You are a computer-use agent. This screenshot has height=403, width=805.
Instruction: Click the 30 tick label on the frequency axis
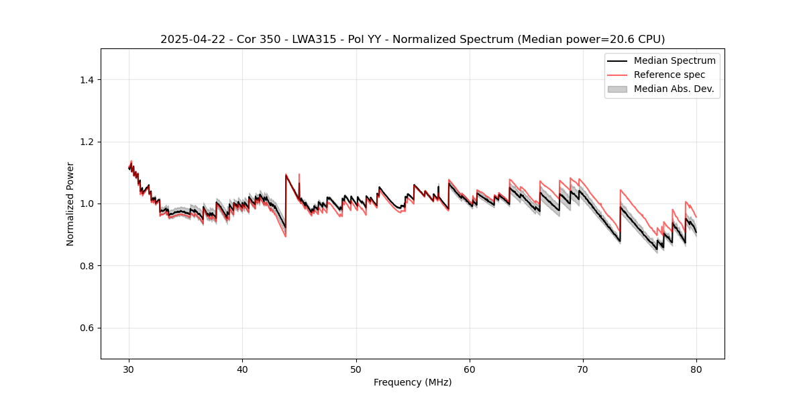click(x=129, y=369)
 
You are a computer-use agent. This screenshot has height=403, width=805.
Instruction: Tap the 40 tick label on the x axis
click(x=242, y=369)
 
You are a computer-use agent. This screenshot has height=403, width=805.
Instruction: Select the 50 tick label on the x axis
click(x=356, y=369)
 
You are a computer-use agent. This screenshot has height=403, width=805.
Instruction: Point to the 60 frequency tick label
click(x=470, y=369)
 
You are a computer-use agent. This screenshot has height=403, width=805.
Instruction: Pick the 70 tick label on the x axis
click(x=583, y=369)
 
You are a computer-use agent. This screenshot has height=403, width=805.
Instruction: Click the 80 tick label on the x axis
click(x=696, y=369)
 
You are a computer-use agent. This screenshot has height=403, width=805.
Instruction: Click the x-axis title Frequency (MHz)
click(x=413, y=382)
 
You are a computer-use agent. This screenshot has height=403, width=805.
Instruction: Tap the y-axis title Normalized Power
click(x=70, y=204)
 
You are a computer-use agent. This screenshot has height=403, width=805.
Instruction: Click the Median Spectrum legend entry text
click(x=674, y=60)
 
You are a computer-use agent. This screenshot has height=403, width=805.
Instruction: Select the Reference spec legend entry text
click(x=669, y=75)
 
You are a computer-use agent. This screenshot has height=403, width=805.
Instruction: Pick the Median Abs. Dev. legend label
click(x=674, y=89)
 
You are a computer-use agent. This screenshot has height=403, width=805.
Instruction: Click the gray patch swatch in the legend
click(x=617, y=89)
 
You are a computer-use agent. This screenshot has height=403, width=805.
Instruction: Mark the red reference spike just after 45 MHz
click(x=299, y=176)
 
